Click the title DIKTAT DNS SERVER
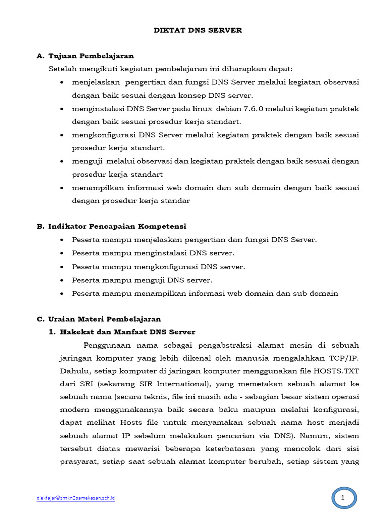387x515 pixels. [198, 30]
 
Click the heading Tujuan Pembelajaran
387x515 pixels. [91, 56]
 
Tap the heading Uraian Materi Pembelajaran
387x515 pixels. [104, 319]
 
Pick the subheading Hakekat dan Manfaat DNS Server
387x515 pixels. [127, 332]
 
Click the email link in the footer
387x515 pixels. [76, 498]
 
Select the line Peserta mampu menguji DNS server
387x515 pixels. [142, 280]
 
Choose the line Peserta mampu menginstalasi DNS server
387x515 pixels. [153, 253]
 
